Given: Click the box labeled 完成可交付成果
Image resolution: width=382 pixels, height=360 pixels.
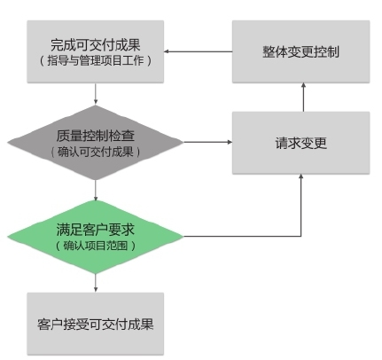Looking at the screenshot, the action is tap(95, 51).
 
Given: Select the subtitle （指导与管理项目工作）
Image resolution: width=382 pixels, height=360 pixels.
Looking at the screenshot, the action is tap(95, 60).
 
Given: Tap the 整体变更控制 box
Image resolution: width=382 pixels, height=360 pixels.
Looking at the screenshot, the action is tap(300, 51).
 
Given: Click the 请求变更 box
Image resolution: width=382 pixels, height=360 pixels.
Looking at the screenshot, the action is tap(300, 143).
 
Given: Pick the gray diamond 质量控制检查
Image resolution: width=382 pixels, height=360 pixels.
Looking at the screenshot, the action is tap(95, 143).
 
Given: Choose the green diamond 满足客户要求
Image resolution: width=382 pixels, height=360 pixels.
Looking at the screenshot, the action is tap(95, 237).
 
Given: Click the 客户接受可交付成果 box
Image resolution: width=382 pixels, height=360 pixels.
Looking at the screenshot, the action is tap(95, 324).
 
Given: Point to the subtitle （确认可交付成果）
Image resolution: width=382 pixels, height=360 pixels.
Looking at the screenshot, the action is tap(95, 153).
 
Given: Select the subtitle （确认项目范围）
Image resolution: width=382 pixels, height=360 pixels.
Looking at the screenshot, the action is tap(95, 246).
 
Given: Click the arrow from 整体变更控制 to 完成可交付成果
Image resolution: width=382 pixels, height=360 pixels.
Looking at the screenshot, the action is tap(198, 51).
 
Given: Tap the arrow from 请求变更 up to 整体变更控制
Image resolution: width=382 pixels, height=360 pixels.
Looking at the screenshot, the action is tap(303, 98).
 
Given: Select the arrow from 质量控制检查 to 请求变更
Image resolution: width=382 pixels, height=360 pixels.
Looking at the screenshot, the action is tap(208, 142).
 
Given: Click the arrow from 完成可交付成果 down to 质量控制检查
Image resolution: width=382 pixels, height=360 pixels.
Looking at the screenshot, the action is tap(95, 94).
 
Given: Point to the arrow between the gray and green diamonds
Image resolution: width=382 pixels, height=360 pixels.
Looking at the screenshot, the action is tap(95, 190).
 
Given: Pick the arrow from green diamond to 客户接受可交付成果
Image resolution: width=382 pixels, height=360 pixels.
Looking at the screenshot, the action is tap(95, 283).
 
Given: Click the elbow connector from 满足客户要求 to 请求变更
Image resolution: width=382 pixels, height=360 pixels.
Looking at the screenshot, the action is tap(301, 236).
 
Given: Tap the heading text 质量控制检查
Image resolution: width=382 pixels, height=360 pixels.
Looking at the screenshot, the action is tap(95, 136).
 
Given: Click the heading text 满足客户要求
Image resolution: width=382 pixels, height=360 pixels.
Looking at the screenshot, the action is tap(95, 230).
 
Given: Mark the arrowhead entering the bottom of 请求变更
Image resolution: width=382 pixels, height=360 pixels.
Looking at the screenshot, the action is tap(301, 176).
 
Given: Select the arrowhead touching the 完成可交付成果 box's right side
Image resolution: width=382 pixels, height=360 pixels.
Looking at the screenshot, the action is tap(166, 51).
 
